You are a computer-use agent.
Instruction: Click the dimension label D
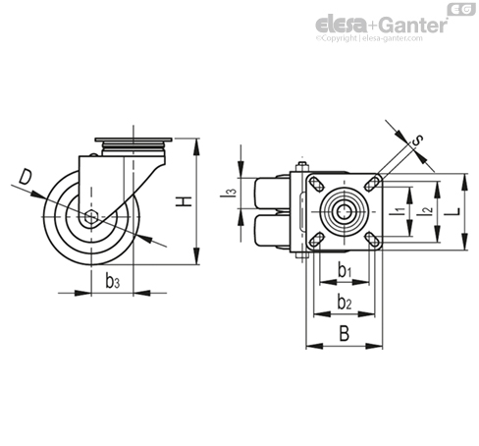click(x=26, y=177)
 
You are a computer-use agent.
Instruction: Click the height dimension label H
click(x=184, y=201)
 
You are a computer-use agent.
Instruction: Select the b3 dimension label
click(x=113, y=281)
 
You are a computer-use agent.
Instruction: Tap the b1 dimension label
click(x=345, y=271)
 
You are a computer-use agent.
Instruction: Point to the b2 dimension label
click(x=345, y=302)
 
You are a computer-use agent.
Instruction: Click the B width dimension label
click(x=345, y=334)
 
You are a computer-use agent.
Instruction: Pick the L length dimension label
click(x=453, y=211)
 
